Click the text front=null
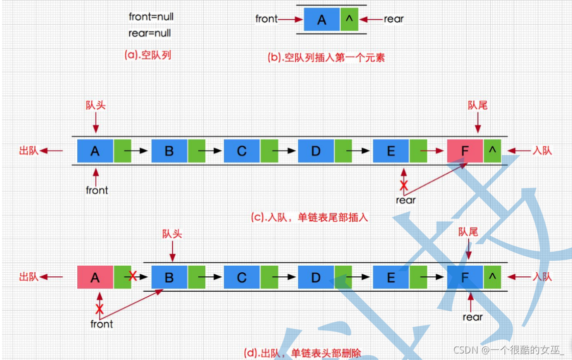[151, 17]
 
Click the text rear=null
[150, 34]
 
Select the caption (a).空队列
[148, 55]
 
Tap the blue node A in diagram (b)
[322, 20]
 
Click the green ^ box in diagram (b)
[349, 20]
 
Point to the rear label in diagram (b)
[394, 20]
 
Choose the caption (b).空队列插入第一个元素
[327, 57]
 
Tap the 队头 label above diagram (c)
[96, 105]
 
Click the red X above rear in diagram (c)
[403, 186]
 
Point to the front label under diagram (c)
[97, 191]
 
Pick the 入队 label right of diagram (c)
[542, 150]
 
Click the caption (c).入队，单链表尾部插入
[309, 218]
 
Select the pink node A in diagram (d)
[95, 277]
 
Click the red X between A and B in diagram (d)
[133, 276]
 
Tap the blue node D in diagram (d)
[316, 277]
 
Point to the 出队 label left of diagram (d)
[29, 277]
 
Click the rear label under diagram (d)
[472, 317]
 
